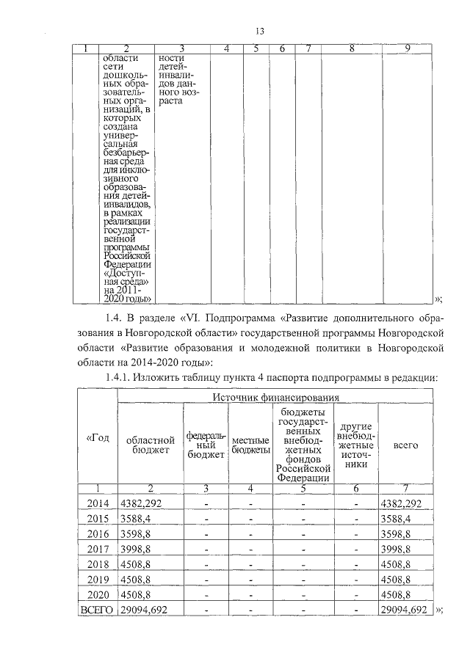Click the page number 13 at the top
pyautogui.click(x=259, y=31)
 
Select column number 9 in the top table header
pyautogui.click(x=407, y=48)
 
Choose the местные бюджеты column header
pyautogui.click(x=250, y=445)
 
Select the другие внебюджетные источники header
pyautogui.click(x=355, y=444)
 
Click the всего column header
pyautogui.click(x=406, y=444)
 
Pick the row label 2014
pyautogui.click(x=98, y=503)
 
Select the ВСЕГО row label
pyautogui.click(x=98, y=610)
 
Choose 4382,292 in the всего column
pyautogui.click(x=400, y=503)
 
